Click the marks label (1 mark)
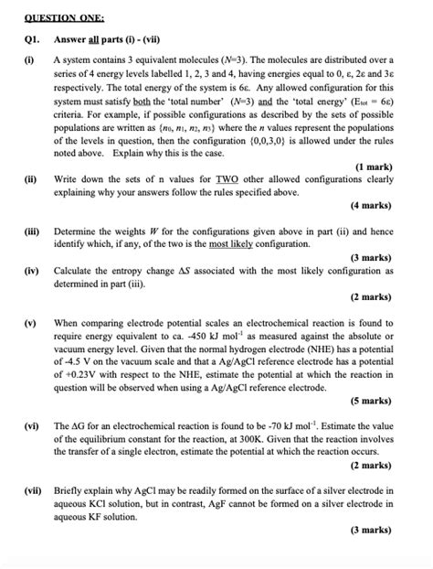(375, 166)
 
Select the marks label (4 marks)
(372, 206)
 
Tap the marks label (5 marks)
(372, 400)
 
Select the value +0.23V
(79, 374)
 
